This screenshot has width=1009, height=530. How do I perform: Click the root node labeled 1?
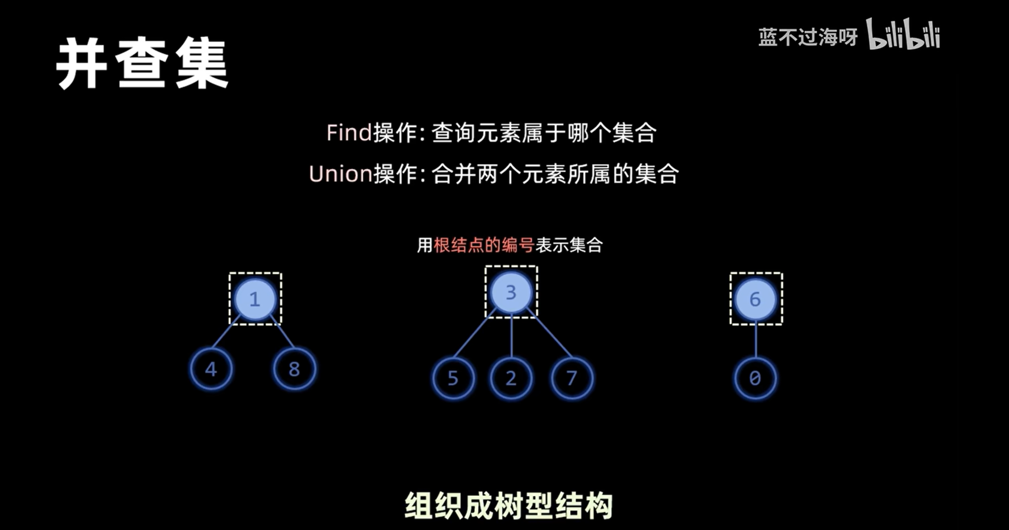click(255, 299)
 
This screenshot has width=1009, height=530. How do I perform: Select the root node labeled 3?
click(511, 293)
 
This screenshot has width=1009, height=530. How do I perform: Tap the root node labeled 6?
click(755, 299)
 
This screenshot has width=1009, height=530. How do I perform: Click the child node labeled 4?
click(211, 369)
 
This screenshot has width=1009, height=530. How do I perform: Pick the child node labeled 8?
click(294, 369)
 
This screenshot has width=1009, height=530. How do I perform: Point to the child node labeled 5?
click(453, 378)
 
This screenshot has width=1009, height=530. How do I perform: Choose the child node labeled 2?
click(511, 378)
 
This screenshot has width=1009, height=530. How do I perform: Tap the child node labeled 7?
click(572, 378)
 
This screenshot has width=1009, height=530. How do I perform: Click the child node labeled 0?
click(755, 378)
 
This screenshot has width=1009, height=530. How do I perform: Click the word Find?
click(349, 132)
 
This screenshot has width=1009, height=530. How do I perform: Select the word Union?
click(341, 174)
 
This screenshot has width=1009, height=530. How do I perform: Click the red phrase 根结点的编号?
click(484, 245)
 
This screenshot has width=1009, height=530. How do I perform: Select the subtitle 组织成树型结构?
click(509, 505)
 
